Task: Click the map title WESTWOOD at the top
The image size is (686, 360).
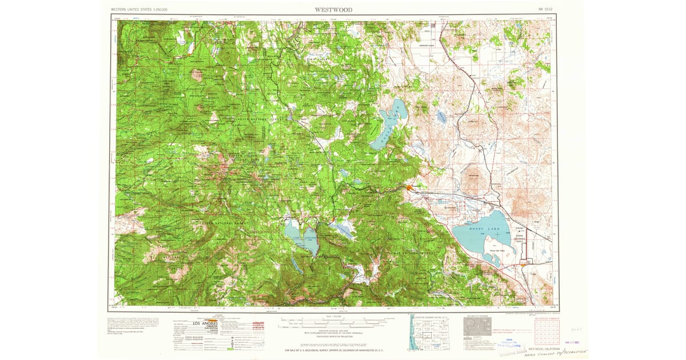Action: click(x=333, y=10)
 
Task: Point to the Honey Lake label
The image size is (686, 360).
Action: click(x=485, y=229)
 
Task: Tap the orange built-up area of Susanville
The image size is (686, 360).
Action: click(x=409, y=187)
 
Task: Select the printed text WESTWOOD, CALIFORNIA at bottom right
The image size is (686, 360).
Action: click(x=544, y=347)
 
